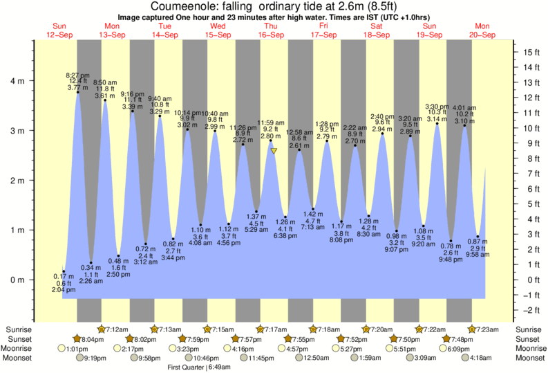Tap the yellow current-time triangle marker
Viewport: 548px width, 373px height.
pos(274,150)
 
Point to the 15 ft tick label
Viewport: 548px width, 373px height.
pos(529,53)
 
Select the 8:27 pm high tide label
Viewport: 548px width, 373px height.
pos(76,74)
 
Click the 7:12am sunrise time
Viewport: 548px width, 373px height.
pos(116,329)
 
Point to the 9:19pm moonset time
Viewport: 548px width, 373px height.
pos(95,358)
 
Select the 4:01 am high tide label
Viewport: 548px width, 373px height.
pos(464,108)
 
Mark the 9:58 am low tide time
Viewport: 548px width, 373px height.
pos(476,255)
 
